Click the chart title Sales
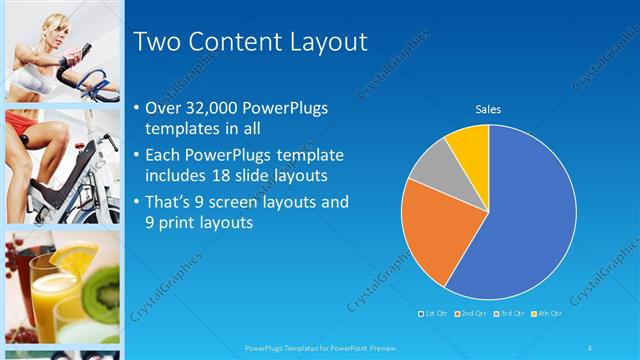click(488, 109)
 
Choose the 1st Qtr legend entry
click(433, 314)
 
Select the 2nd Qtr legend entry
click(470, 314)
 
